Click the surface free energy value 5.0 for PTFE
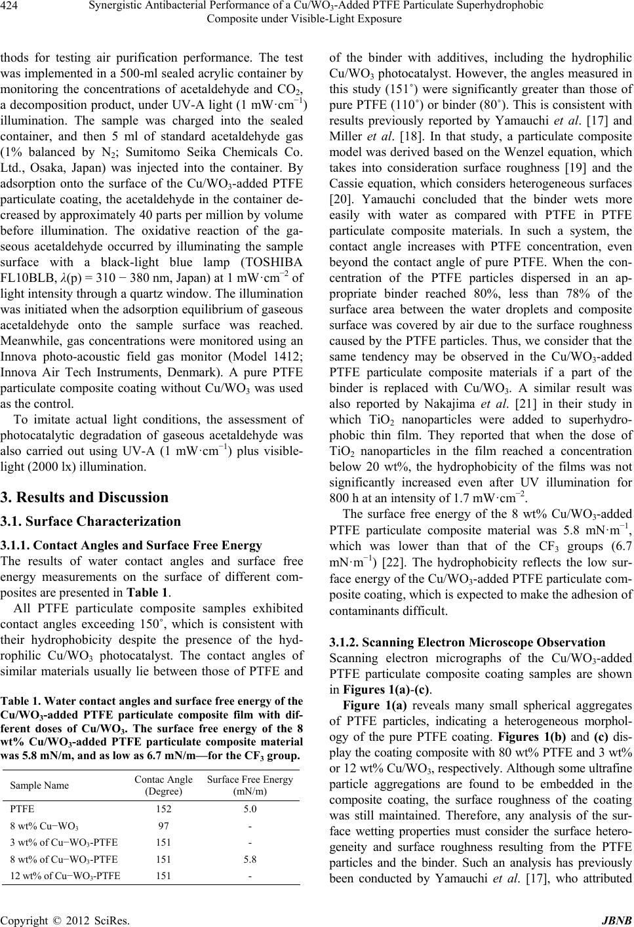[249, 809]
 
